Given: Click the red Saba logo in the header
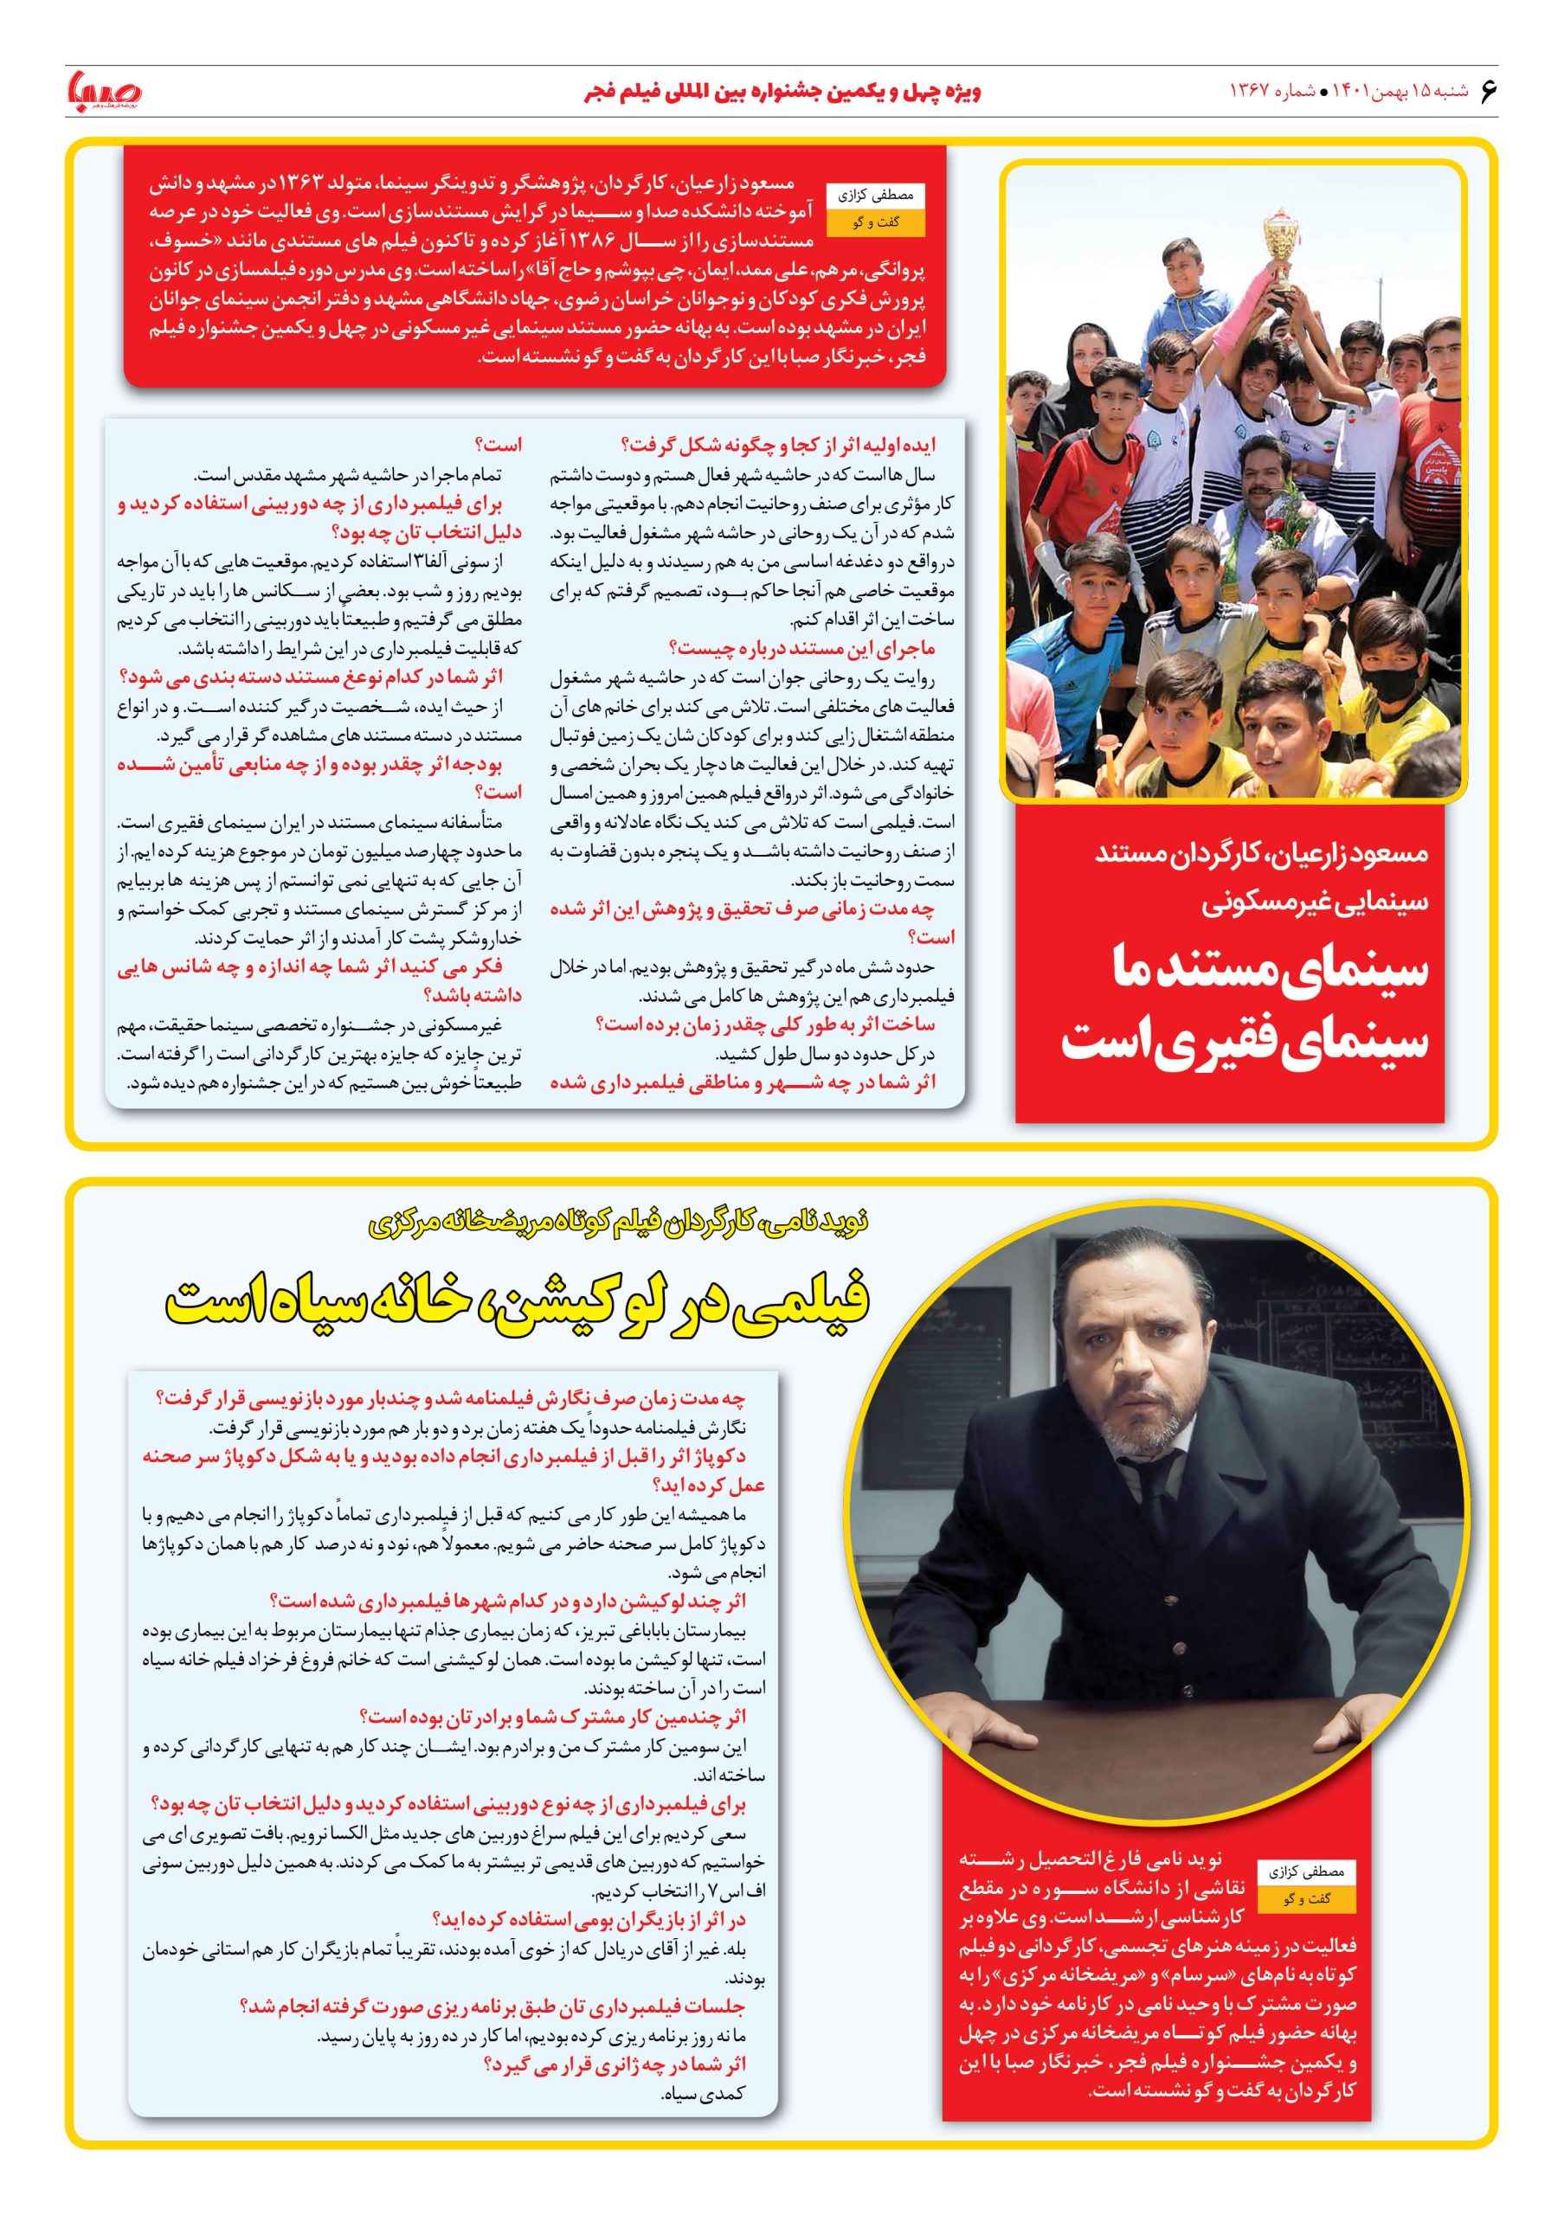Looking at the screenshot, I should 103,92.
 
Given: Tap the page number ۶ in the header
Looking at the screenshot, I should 1487,91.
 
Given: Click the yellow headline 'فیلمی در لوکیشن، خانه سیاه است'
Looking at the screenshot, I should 518,1300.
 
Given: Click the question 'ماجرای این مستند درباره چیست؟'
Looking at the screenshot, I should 801,648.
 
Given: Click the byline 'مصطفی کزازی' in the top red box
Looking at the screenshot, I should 875,196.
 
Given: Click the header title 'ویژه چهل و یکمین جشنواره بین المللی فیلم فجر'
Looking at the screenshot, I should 782,93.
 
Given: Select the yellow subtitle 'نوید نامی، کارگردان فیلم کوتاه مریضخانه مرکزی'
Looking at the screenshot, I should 619,1223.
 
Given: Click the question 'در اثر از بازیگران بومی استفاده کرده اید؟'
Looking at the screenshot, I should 589,1919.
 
